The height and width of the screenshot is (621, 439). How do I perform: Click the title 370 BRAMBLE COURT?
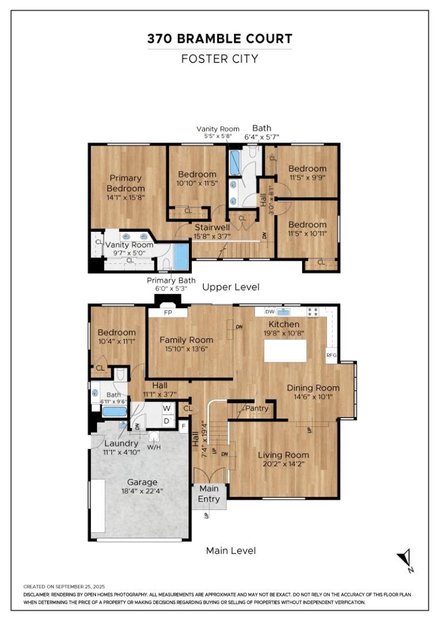tap(219, 39)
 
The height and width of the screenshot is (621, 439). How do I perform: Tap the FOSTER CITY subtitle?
tap(219, 59)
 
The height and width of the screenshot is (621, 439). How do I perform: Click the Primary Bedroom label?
tap(125, 183)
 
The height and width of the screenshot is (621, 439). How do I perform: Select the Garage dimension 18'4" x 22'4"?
tap(142, 492)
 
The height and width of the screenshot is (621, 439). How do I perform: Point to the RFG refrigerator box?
tap(332, 355)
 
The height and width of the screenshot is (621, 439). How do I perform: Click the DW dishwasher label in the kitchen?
tap(271, 312)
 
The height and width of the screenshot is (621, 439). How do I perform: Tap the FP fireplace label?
tap(168, 313)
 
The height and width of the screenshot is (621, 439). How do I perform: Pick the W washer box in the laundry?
tap(167, 408)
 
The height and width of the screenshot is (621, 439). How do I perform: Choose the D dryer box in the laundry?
tap(167, 420)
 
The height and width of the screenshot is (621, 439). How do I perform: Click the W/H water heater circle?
tap(154, 436)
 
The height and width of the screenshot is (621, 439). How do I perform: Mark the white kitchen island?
tap(286, 351)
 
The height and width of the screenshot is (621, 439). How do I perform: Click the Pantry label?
tap(257, 408)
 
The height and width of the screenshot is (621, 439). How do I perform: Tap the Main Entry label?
tap(209, 493)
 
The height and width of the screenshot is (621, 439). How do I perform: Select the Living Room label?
tap(283, 455)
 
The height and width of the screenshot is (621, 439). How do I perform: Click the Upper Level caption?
tap(231, 287)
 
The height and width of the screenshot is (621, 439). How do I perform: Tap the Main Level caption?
tap(231, 550)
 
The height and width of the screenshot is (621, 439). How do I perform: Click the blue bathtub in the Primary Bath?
tap(182, 257)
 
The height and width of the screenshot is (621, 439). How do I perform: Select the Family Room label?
tap(186, 340)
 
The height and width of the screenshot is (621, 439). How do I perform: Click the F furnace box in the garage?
tap(183, 427)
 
